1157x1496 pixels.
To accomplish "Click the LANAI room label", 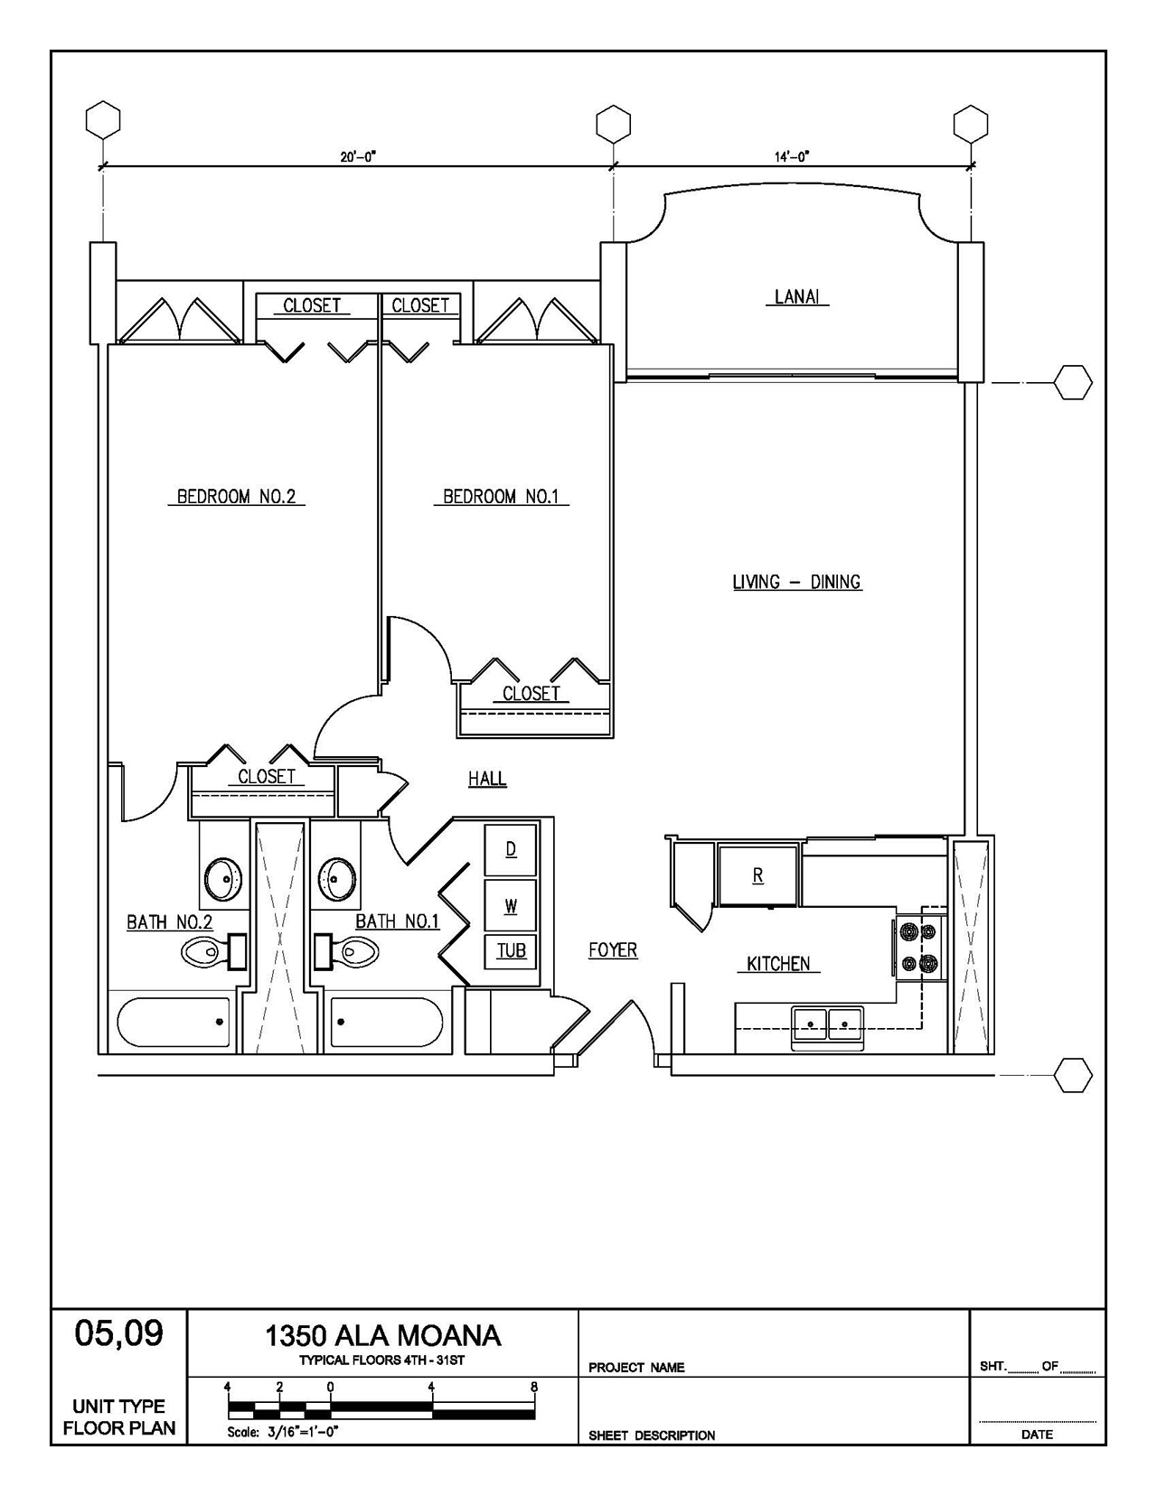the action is click(797, 296).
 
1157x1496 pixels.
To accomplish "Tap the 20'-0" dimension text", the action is click(358, 157).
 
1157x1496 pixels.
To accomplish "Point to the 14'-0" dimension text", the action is click(792, 157).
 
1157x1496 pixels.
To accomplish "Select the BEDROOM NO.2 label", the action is click(236, 496).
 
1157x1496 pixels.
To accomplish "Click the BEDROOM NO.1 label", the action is click(502, 496).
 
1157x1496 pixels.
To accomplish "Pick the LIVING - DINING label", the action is click(797, 582).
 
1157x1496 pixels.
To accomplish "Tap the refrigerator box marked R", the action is click(757, 875).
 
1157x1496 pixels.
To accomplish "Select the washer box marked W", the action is click(511, 905).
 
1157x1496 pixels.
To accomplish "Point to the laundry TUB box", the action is click(511, 951).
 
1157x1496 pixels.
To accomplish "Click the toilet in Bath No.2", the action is click(213, 952).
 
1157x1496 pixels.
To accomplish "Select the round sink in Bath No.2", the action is click(224, 878).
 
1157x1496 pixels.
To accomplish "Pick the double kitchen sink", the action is click(827, 1026).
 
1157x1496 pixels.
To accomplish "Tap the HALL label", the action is click(487, 779).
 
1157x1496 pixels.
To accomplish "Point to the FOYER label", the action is click(613, 950).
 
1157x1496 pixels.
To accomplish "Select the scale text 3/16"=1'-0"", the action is click(303, 1433).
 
